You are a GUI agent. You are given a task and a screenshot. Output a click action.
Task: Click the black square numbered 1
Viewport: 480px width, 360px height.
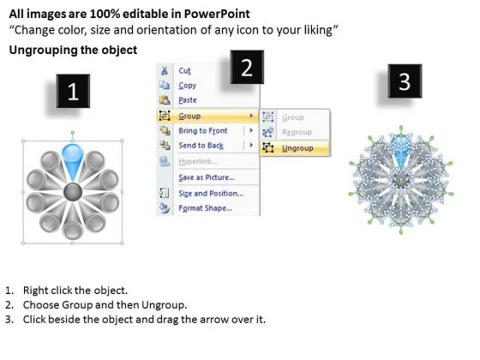click(x=73, y=91)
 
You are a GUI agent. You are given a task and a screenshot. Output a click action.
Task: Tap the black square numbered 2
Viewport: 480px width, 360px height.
click(x=247, y=67)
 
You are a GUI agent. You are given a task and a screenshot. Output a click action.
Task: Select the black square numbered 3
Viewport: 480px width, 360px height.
click(x=405, y=81)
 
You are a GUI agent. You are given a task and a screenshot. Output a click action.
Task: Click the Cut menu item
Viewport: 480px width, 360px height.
click(x=184, y=70)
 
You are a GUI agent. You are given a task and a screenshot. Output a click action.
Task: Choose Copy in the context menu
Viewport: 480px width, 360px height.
click(x=188, y=86)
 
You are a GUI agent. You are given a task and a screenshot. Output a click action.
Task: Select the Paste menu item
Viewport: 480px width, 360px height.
click(x=188, y=100)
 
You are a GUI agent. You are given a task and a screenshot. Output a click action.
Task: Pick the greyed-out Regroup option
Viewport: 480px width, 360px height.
click(x=297, y=132)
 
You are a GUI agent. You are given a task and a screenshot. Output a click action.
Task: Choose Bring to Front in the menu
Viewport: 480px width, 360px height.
click(x=203, y=130)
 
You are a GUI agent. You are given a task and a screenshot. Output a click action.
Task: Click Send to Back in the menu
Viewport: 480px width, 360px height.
click(x=201, y=146)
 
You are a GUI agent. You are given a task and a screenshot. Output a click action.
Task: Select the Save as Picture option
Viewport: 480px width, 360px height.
click(x=207, y=177)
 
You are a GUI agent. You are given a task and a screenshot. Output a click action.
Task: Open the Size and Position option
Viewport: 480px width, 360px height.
click(x=211, y=194)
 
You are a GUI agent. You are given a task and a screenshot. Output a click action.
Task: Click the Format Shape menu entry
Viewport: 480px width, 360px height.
click(x=205, y=208)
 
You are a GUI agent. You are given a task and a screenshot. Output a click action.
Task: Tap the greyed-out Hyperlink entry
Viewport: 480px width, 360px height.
click(x=198, y=161)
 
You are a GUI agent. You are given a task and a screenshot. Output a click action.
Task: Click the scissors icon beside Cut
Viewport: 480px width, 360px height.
click(x=165, y=70)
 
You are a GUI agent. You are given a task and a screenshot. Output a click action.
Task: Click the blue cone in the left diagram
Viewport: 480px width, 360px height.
click(x=73, y=161)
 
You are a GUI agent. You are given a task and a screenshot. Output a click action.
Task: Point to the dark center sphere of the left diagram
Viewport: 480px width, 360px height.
click(x=73, y=192)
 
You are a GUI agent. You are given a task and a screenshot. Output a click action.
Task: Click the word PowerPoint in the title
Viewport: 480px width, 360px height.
click(x=217, y=14)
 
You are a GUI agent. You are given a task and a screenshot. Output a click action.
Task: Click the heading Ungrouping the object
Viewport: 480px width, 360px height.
click(x=73, y=50)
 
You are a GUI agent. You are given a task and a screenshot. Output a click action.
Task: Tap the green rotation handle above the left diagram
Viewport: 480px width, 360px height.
click(x=73, y=133)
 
